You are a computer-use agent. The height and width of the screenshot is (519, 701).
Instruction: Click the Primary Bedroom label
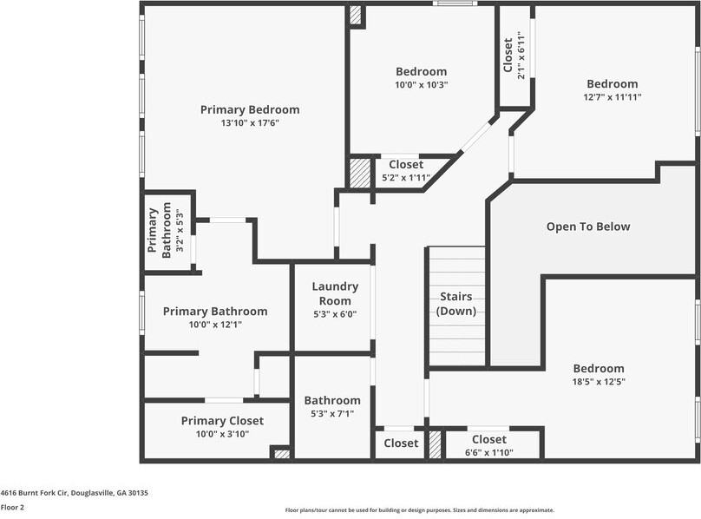click(250, 109)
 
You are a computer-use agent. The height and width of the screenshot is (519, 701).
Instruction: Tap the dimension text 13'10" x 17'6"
click(250, 123)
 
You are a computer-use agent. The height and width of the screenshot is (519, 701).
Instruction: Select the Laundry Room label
click(335, 293)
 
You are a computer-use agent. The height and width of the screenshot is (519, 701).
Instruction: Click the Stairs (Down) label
click(455, 303)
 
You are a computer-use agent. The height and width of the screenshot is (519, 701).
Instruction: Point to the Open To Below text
click(588, 227)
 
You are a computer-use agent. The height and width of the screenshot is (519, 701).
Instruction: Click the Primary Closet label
click(222, 421)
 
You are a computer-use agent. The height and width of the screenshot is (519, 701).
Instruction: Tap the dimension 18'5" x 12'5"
click(598, 381)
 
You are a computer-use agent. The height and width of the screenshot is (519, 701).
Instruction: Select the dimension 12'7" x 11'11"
click(612, 97)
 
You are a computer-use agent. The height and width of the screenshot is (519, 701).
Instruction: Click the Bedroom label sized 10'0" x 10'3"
click(421, 71)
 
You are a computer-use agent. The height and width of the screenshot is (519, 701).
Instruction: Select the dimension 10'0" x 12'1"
click(215, 325)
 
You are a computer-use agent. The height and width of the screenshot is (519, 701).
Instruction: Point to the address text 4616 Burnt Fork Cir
click(74, 492)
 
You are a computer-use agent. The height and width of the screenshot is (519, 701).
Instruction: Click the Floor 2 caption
click(12, 507)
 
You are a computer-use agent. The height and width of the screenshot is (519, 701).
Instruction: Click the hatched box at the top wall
click(356, 15)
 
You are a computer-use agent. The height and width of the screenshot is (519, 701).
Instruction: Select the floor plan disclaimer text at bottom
click(420, 510)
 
